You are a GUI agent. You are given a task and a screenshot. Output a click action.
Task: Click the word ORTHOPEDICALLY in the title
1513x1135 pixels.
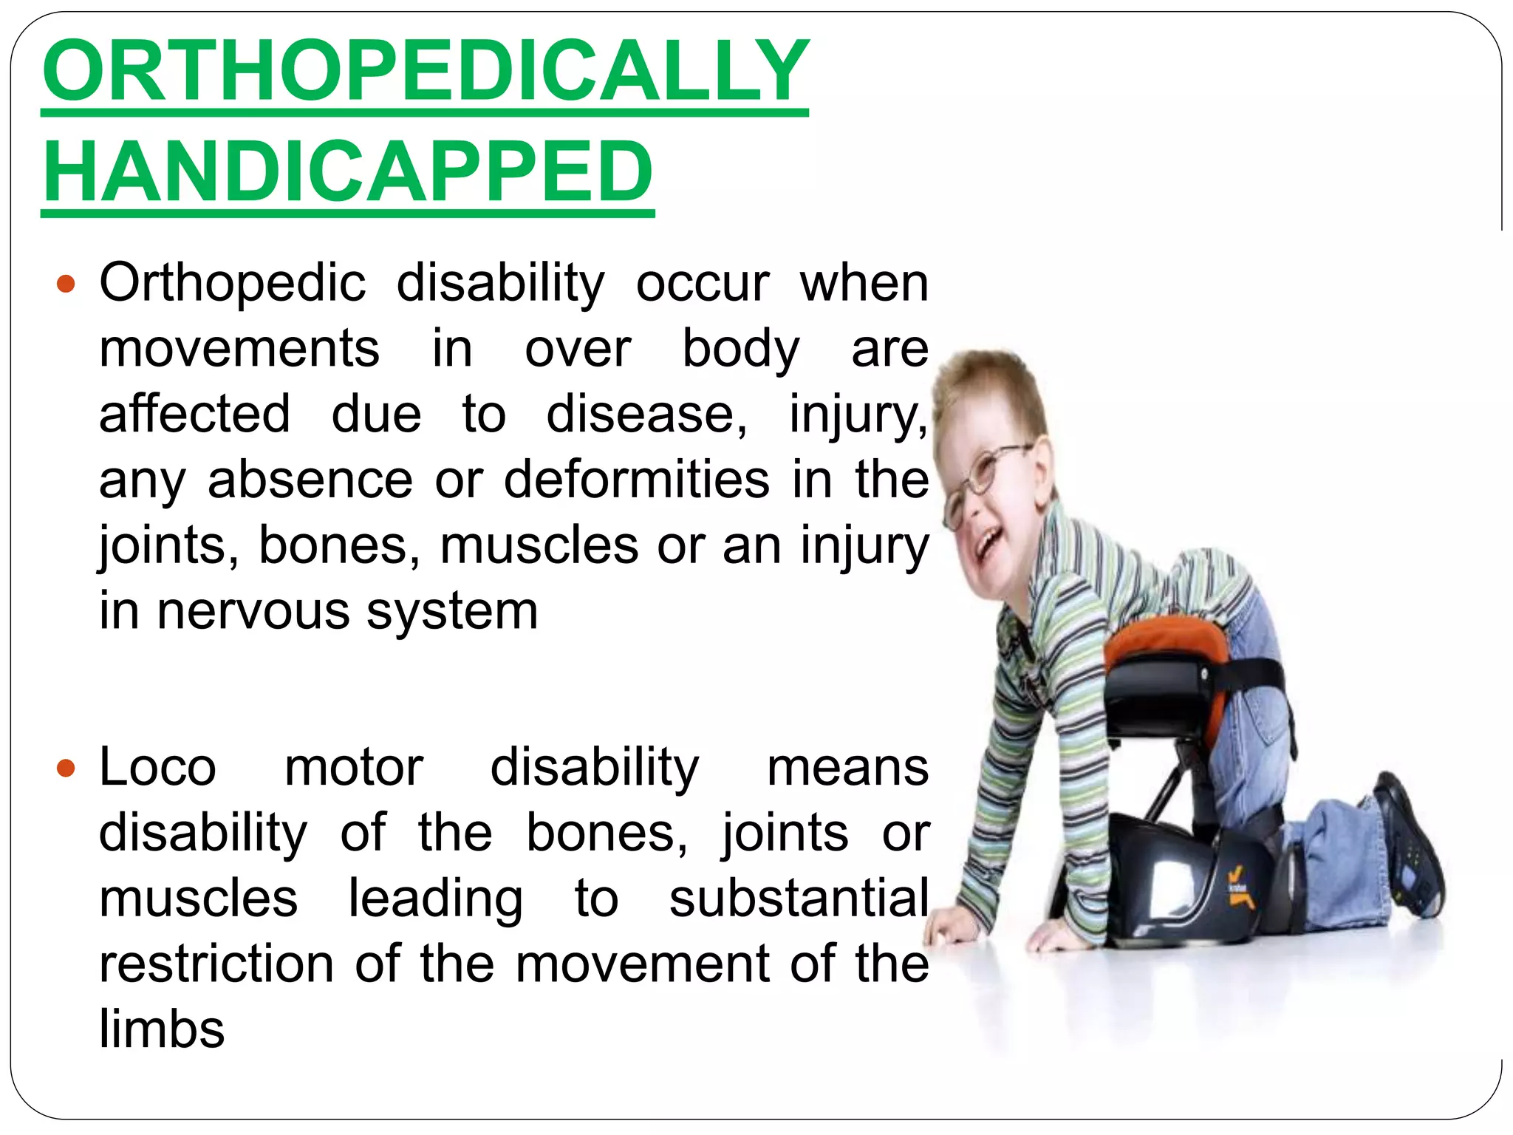426,71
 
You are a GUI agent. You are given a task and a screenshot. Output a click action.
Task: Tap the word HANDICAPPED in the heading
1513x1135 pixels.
348,171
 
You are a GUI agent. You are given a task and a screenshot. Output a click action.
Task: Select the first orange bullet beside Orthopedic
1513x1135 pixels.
66,284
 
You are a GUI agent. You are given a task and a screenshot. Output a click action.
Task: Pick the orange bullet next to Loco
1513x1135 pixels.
66,768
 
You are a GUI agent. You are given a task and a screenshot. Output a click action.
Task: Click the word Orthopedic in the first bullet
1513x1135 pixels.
233,284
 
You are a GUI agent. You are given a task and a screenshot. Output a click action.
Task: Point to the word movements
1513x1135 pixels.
239,349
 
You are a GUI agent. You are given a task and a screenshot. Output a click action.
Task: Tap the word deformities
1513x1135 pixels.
637,480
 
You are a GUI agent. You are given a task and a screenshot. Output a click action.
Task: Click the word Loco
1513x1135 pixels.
157,768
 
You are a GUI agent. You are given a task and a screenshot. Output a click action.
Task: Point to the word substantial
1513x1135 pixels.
799,899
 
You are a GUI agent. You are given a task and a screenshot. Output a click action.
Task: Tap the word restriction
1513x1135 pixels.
216,964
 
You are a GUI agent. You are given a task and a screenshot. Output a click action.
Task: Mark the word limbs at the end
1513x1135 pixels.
162,1029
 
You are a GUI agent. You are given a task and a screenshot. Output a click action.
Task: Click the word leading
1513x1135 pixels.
435,899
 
